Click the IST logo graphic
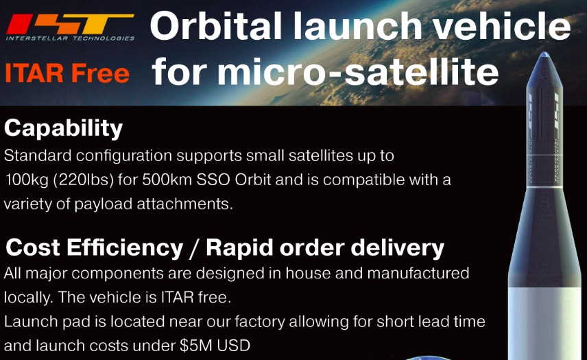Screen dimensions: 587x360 point(70,23)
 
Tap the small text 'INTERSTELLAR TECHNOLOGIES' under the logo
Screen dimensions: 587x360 point(70,38)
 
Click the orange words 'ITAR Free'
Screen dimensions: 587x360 point(67,73)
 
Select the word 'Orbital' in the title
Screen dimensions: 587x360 point(216,26)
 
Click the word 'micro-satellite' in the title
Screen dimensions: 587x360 point(357,71)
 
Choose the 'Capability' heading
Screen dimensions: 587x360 point(64,128)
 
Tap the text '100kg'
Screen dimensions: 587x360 point(27,180)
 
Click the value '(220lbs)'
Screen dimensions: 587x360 point(84,180)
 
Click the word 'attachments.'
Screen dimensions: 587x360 point(184,204)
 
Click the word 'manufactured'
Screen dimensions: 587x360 point(418,273)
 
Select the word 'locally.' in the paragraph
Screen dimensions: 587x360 point(29,298)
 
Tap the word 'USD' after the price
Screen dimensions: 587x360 point(234,346)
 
